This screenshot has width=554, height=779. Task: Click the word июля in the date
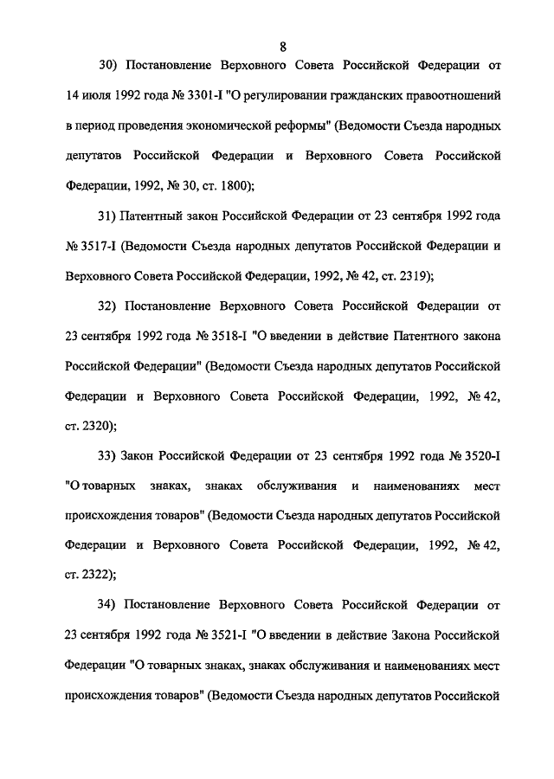98,95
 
